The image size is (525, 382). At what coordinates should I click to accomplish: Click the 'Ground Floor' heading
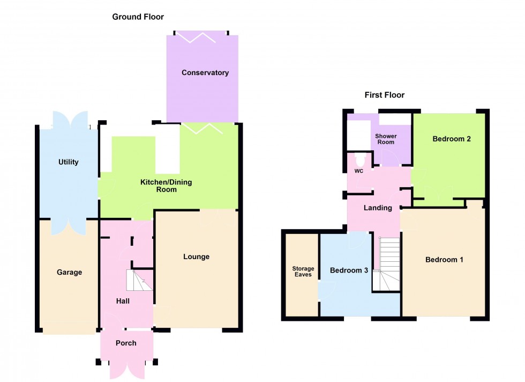pos(138,17)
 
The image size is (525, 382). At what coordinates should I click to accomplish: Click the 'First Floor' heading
pos(384,95)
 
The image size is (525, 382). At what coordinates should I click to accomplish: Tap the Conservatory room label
pos(205,73)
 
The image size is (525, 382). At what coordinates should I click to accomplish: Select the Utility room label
pos(69,162)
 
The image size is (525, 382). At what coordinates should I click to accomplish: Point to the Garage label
pos(70,273)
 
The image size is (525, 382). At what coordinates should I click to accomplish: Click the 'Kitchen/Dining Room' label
pos(166,186)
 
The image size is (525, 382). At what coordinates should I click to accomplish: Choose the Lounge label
pos(196,257)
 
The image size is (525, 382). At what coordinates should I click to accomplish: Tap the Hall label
pos(123,302)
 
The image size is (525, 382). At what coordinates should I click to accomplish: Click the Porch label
pos(126,343)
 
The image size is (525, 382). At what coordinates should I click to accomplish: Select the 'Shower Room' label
pos(386,139)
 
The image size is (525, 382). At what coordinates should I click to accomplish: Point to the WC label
pos(359,172)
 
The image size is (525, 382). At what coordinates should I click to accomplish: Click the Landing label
pos(378,208)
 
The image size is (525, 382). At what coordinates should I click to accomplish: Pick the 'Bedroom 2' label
pos(452,139)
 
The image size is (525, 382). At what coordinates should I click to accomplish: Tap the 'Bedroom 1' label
pos(444,260)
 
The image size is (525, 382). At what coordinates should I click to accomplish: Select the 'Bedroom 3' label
pos(349,270)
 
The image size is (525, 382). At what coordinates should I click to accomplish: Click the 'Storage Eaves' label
pos(303,271)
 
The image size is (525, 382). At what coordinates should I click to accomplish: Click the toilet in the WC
pos(359,159)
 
